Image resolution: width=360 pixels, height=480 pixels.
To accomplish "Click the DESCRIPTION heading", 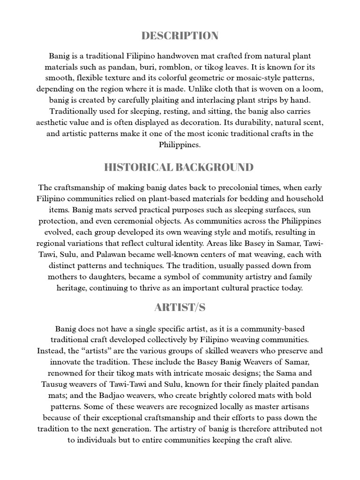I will click(x=180, y=36).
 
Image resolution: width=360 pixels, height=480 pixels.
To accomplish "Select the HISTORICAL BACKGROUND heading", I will click(x=180, y=167).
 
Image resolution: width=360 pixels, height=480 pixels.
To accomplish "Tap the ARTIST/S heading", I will click(x=180, y=307).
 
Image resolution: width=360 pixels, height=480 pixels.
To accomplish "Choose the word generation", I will click(x=188, y=429).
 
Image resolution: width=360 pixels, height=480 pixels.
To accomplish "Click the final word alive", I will click(x=281, y=440).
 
